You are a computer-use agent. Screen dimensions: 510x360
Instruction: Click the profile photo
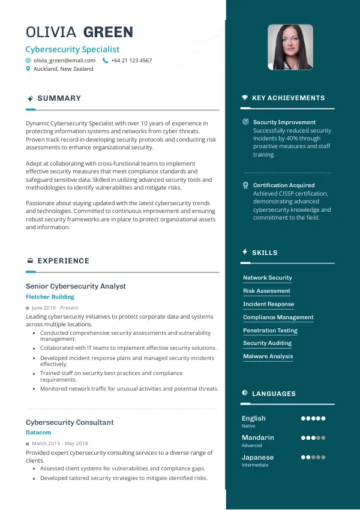290,47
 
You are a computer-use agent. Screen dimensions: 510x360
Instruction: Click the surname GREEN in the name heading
108,32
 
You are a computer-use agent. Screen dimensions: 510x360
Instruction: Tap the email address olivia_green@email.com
64,61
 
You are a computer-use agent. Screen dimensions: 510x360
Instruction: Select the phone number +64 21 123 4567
131,61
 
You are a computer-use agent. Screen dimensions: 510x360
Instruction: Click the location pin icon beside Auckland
28,69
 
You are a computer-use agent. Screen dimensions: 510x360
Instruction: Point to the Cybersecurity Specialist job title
73,49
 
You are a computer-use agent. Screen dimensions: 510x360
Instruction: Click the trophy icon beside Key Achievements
245,98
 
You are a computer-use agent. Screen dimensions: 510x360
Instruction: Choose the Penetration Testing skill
270,331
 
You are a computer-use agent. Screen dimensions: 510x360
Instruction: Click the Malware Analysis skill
268,356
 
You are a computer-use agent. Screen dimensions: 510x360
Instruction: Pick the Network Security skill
267,278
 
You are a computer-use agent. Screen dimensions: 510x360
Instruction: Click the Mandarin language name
257,438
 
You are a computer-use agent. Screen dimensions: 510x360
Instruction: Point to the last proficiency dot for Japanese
323,457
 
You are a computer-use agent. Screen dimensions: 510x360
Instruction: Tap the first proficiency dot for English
304,419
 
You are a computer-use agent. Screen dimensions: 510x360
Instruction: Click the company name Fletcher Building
50,297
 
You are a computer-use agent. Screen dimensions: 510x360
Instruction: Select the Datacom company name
38,433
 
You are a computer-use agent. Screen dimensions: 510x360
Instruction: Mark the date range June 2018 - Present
55,308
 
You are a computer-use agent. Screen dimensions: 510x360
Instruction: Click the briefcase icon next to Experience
30,261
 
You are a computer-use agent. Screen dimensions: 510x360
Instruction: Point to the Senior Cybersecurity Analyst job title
76,286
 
